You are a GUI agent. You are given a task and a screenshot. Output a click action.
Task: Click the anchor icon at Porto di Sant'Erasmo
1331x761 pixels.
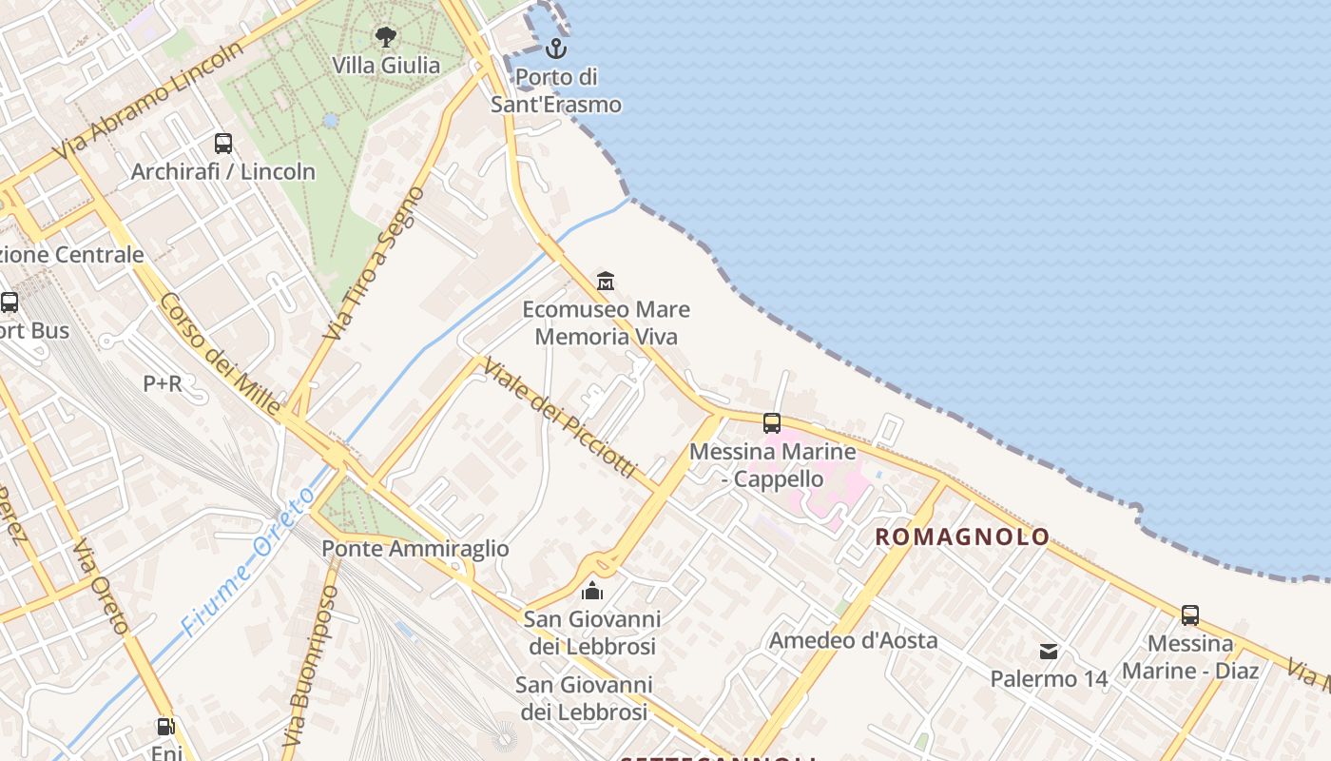pos(555,49)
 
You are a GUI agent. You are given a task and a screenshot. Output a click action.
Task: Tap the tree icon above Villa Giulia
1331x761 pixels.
pos(385,37)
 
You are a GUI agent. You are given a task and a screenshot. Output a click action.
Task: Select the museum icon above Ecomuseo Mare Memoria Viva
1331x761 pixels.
pos(606,281)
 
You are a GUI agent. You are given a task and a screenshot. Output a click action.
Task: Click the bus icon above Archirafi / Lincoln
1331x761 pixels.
pos(223,144)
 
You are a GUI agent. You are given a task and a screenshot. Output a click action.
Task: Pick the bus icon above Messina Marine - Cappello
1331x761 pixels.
pos(772,423)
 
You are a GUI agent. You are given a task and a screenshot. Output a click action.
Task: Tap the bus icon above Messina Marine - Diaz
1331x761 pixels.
pos(1190,615)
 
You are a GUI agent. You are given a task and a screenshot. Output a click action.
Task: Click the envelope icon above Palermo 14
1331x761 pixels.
pos(1049,652)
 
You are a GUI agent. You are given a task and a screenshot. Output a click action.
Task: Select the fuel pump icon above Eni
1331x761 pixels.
pos(165,728)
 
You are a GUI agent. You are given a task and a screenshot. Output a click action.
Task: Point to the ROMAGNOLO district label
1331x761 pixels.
pos(962,537)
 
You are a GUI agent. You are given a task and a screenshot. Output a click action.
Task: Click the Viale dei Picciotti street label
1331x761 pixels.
pos(558,419)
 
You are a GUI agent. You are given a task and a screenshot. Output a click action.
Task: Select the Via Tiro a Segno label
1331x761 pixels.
pos(375,263)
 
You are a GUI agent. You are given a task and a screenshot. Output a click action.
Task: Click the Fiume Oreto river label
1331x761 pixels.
pos(249,561)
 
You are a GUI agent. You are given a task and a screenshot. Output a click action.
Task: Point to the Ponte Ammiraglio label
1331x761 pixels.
pos(415,549)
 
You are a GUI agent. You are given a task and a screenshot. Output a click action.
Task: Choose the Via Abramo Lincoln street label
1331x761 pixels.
pos(149,100)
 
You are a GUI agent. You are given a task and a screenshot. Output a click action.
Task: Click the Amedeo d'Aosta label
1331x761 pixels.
pos(853,640)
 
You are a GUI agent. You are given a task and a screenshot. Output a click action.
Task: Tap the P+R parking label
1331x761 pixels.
pos(162,383)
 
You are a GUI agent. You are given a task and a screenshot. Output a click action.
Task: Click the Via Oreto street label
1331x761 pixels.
pos(101,587)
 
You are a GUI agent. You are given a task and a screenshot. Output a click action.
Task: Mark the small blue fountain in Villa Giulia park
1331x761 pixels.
pos(331,121)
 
